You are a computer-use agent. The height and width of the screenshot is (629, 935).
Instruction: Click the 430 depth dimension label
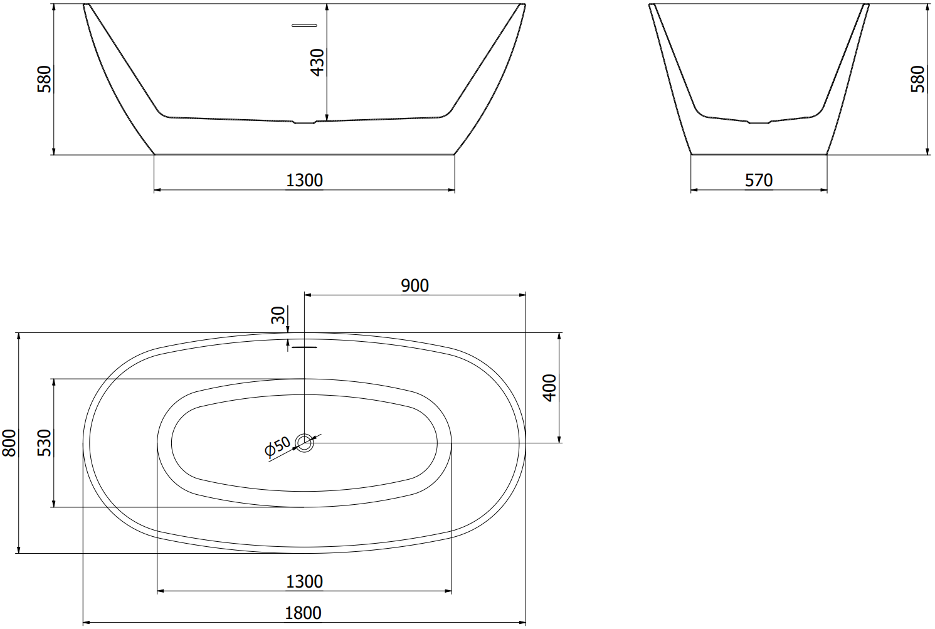(318, 63)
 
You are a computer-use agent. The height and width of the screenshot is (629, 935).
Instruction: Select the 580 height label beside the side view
(45, 79)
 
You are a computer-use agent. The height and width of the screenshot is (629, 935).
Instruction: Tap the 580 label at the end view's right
(917, 79)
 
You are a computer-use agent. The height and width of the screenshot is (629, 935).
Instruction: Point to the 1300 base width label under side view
(304, 181)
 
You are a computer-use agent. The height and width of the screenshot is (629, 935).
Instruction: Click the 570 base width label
(759, 181)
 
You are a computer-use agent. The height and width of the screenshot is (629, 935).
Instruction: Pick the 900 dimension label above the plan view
(415, 285)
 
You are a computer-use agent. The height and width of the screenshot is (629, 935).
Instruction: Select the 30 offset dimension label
(278, 315)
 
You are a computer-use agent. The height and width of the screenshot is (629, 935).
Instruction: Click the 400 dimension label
(550, 388)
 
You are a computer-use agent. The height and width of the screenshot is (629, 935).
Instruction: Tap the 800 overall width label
(9, 443)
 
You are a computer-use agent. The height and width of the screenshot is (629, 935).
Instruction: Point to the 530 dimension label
(45, 443)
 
